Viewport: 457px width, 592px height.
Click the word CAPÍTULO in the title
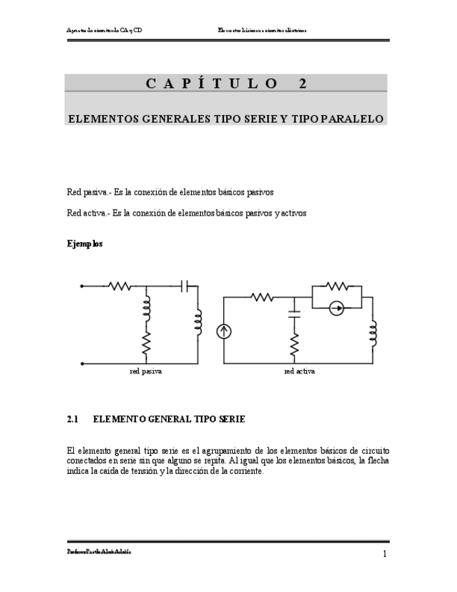[x=212, y=84]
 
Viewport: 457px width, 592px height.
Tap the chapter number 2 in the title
[x=303, y=84]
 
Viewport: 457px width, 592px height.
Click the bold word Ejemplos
[x=84, y=244]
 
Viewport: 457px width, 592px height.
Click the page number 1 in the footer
[x=384, y=554]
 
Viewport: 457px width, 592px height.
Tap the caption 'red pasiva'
[x=146, y=371]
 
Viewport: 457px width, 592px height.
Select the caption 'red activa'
[x=299, y=371]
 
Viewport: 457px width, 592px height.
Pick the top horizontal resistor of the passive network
[x=120, y=286]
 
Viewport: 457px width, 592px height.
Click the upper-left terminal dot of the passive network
[x=82, y=286]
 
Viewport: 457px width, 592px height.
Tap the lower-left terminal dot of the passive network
[x=82, y=363]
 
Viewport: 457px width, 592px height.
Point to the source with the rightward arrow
[x=336, y=308]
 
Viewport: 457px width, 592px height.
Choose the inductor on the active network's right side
[x=373, y=334]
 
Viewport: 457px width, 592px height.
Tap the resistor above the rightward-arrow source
[x=336, y=285]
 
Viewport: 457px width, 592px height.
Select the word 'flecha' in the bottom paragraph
[x=377, y=461]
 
